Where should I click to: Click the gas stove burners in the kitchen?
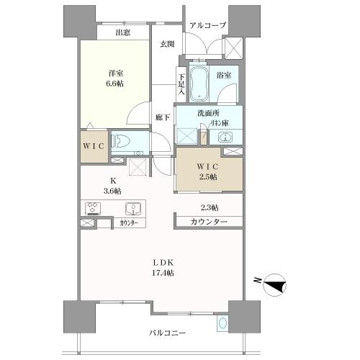point(93,209)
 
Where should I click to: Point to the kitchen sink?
point(133,209)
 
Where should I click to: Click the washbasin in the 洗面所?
point(225,138)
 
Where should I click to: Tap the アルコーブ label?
point(208,25)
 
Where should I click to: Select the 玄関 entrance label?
point(167,44)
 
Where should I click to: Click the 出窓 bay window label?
point(123,32)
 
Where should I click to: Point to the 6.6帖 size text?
point(114,84)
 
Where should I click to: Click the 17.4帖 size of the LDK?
point(163,273)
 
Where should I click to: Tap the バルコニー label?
point(168,333)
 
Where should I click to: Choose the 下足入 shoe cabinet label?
point(181,84)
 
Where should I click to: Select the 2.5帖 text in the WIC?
point(207,177)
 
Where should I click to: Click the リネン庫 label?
point(220,123)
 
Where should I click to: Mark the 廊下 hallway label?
point(163,117)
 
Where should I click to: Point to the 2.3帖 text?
point(210,207)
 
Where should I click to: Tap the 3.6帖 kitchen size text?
point(113,191)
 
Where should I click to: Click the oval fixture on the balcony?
point(222,323)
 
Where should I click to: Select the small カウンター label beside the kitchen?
point(129,223)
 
